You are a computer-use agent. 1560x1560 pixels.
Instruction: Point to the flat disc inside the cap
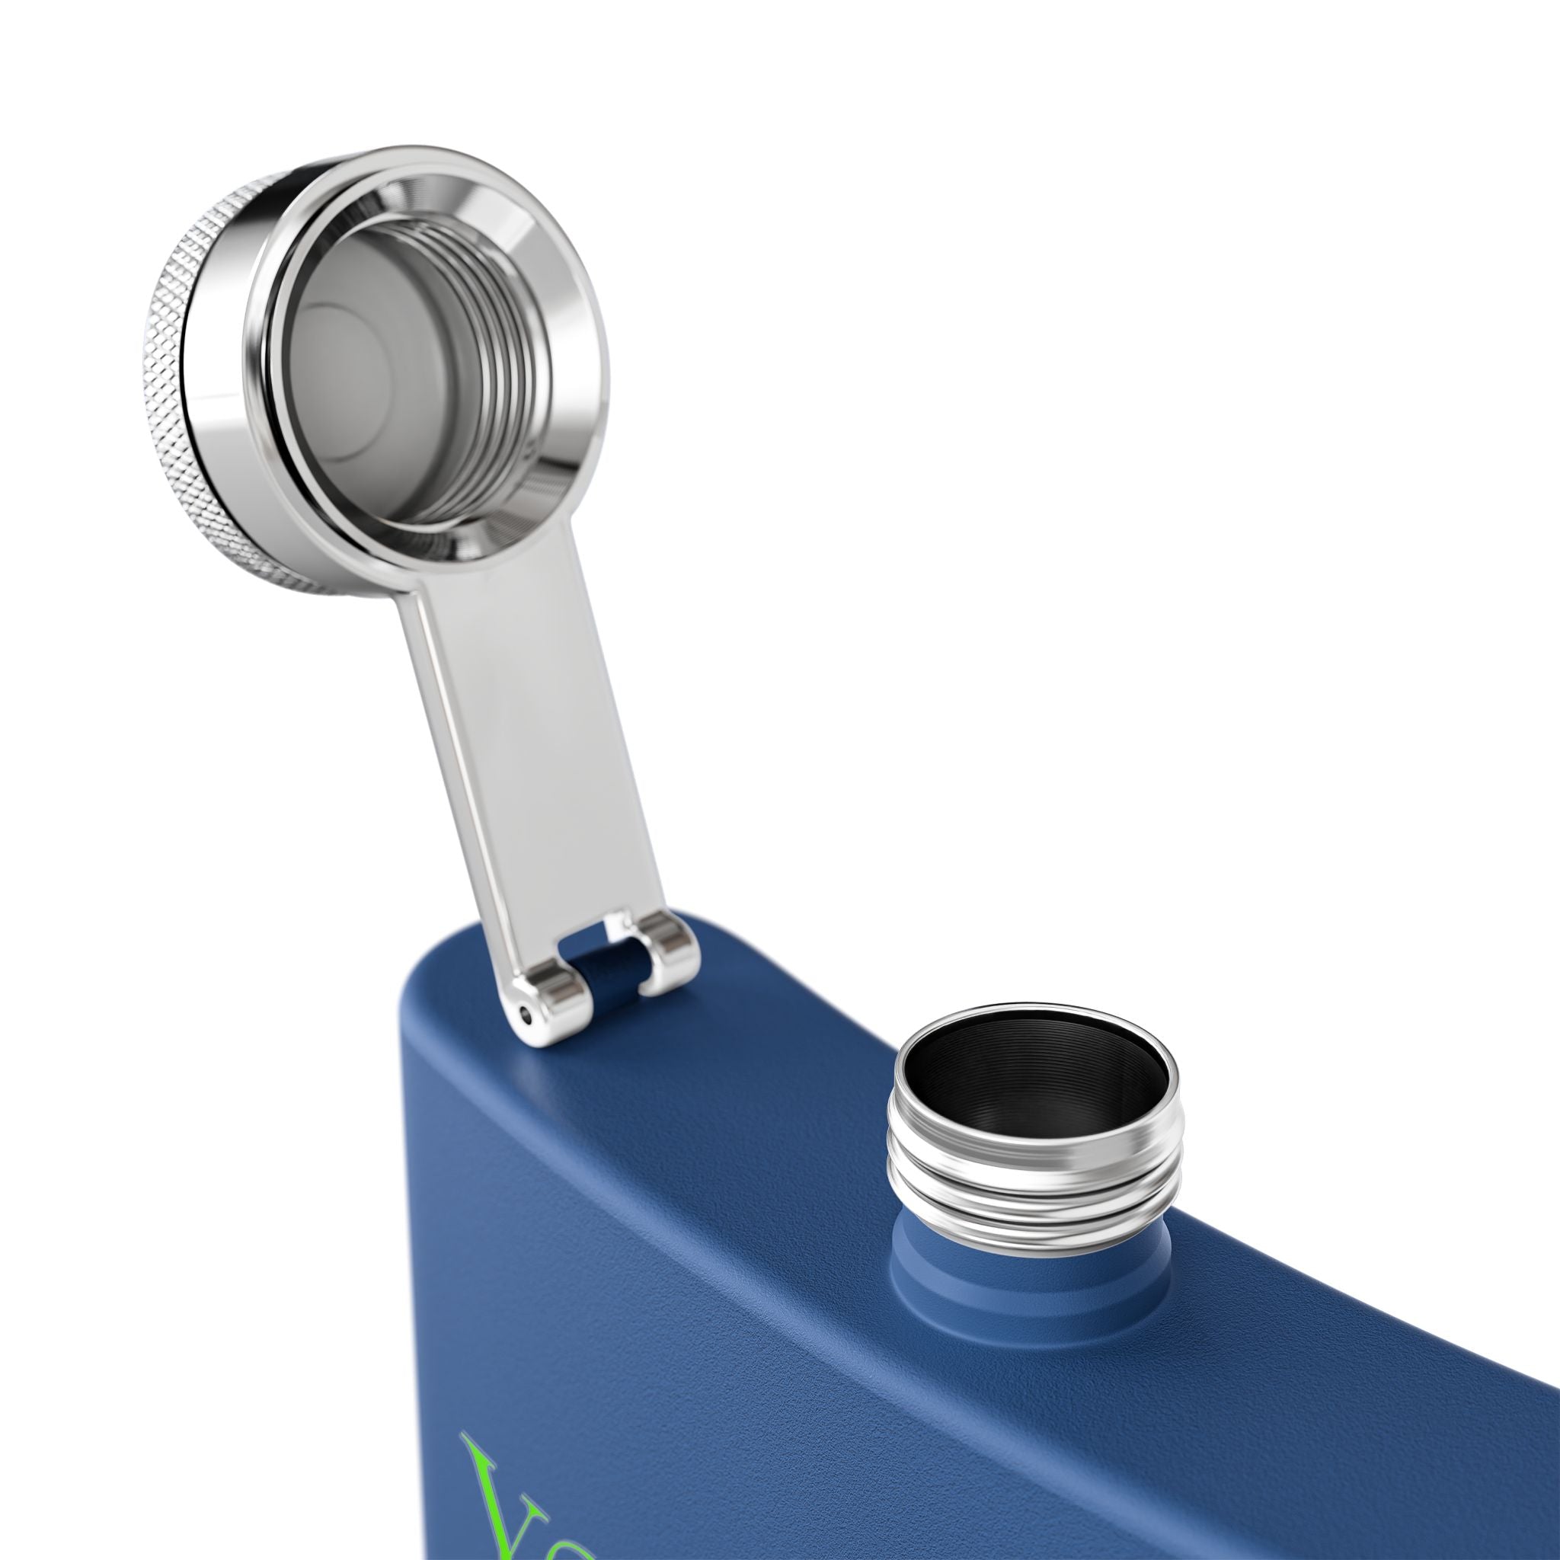tap(355, 339)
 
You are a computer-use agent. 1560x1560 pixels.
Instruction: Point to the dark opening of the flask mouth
tap(1034, 1082)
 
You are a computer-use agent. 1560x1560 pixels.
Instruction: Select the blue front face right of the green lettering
tap(969, 1453)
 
